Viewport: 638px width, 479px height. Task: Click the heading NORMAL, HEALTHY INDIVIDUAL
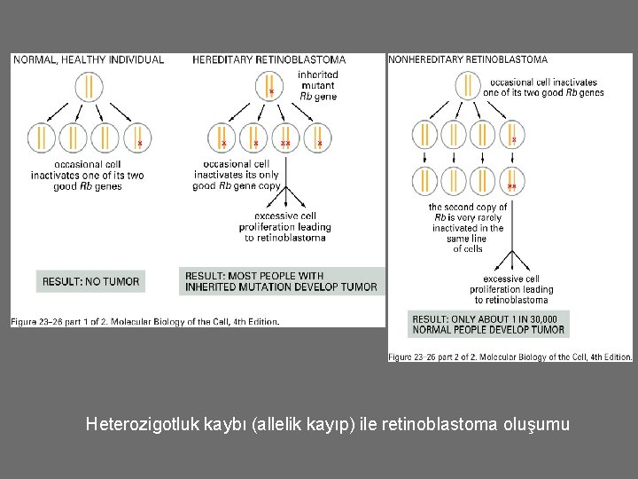point(88,59)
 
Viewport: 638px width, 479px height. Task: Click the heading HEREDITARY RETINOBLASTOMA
point(268,59)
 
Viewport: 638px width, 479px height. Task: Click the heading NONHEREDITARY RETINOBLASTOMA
point(468,59)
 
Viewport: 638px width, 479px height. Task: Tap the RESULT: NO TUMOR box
point(91,281)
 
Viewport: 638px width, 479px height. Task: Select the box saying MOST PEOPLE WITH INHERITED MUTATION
point(281,281)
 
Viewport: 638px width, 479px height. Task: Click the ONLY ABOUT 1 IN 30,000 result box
point(488,324)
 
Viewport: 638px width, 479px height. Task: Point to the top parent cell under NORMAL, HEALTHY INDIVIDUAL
point(88,87)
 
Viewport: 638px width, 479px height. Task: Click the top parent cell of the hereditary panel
point(268,87)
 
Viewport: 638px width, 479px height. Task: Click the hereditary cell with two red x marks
point(286,139)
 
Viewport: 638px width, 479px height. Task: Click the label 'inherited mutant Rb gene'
point(317,85)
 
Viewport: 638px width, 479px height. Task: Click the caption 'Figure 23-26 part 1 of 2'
point(145,321)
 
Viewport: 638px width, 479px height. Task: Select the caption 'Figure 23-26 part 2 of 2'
point(510,357)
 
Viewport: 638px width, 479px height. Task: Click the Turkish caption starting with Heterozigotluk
point(328,425)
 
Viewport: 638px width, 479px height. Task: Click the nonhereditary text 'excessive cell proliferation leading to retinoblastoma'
point(511,289)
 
